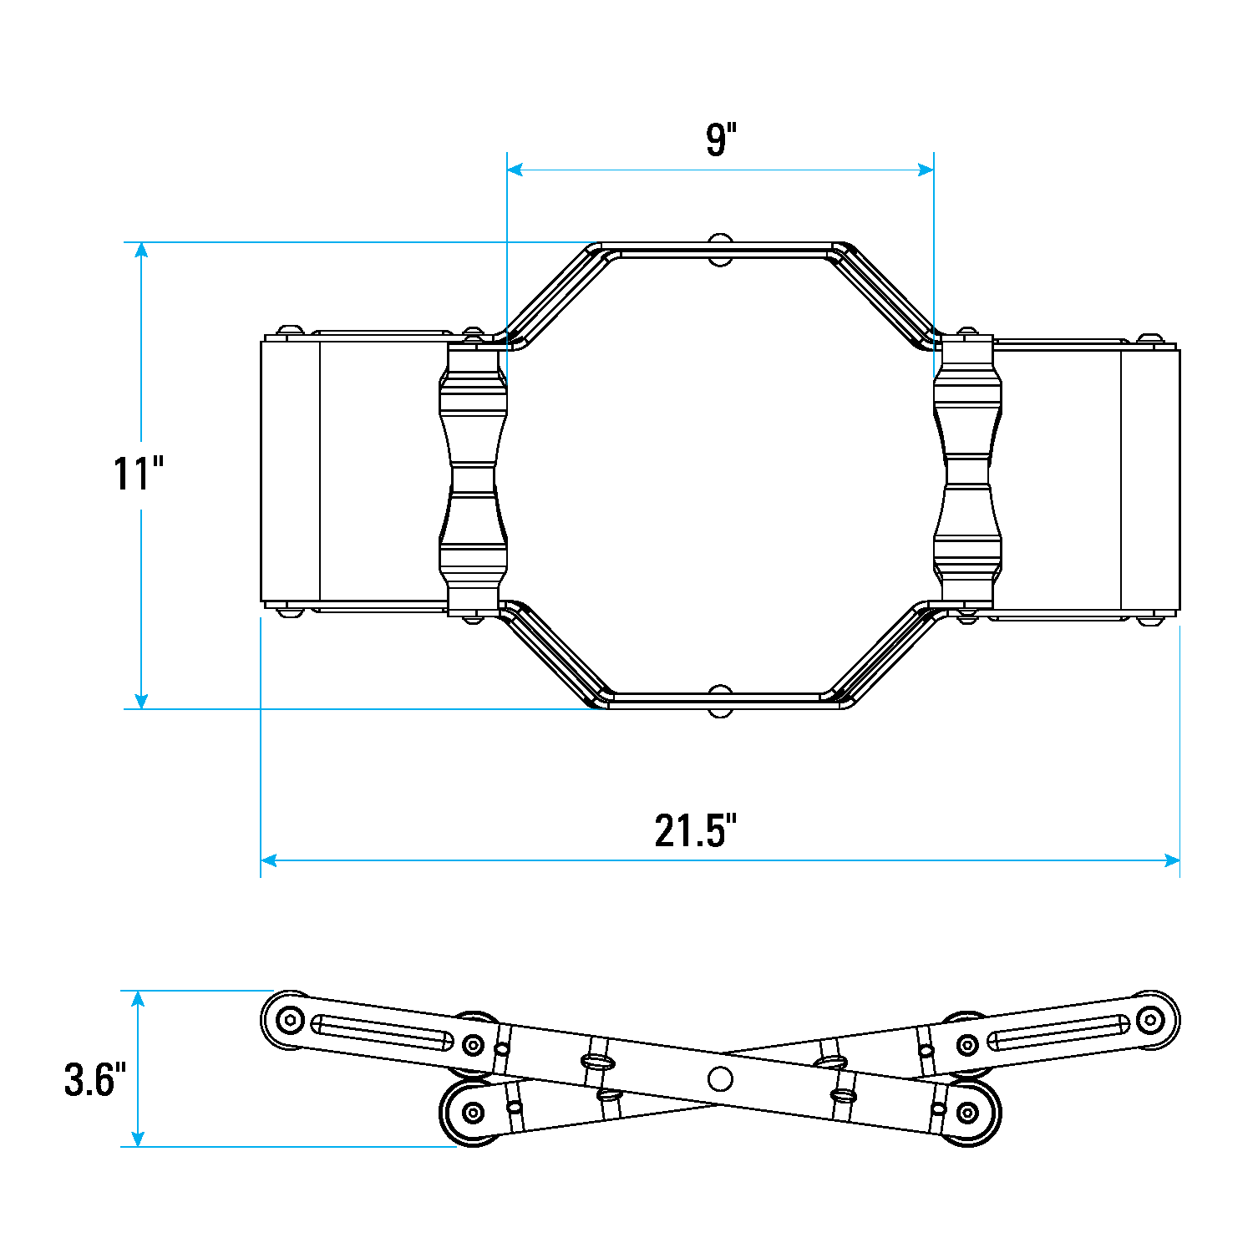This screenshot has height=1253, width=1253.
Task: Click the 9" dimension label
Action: point(721,140)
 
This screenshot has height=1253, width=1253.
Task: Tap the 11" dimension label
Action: point(139,474)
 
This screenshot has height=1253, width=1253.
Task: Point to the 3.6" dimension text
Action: point(94,1079)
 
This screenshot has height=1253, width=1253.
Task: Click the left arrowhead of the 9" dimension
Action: point(515,170)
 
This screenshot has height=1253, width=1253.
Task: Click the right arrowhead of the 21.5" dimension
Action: point(1172,860)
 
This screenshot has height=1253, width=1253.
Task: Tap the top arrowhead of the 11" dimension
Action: point(142,250)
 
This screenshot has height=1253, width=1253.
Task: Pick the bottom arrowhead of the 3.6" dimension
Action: point(138,1139)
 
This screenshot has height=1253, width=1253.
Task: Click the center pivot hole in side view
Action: point(719,1078)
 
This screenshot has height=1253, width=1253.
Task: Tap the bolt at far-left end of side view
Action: point(290,1019)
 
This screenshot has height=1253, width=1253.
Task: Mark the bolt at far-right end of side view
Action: point(1151,1019)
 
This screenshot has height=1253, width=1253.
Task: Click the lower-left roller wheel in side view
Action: point(473,1112)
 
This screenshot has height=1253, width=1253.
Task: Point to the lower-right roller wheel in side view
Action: point(968,1112)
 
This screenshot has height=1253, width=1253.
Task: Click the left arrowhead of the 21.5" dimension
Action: point(269,860)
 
